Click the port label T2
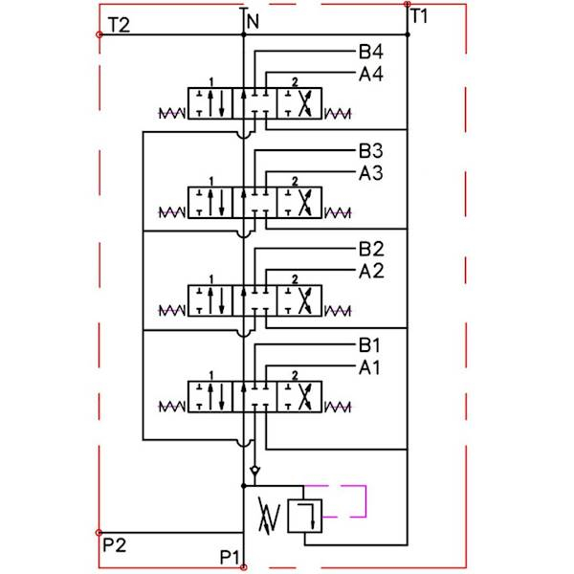pyautogui.click(x=120, y=25)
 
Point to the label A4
pyautogui.click(x=371, y=73)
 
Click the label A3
pyautogui.click(x=371, y=173)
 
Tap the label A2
pyautogui.click(x=371, y=272)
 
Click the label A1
pyautogui.click(x=371, y=366)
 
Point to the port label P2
pyautogui.click(x=114, y=546)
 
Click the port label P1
pyautogui.click(x=231, y=557)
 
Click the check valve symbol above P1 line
pyautogui.click(x=253, y=473)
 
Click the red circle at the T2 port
pyautogui.click(x=99, y=34)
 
